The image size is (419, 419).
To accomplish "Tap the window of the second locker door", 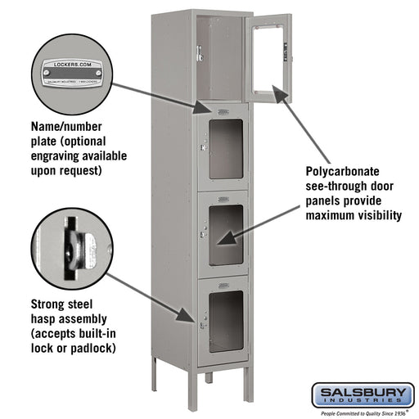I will point(225,148).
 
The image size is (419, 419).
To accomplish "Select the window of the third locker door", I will point(225,234).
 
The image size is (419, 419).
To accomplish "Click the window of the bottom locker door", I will point(225,322).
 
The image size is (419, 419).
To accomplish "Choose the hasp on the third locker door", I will point(200,236).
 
